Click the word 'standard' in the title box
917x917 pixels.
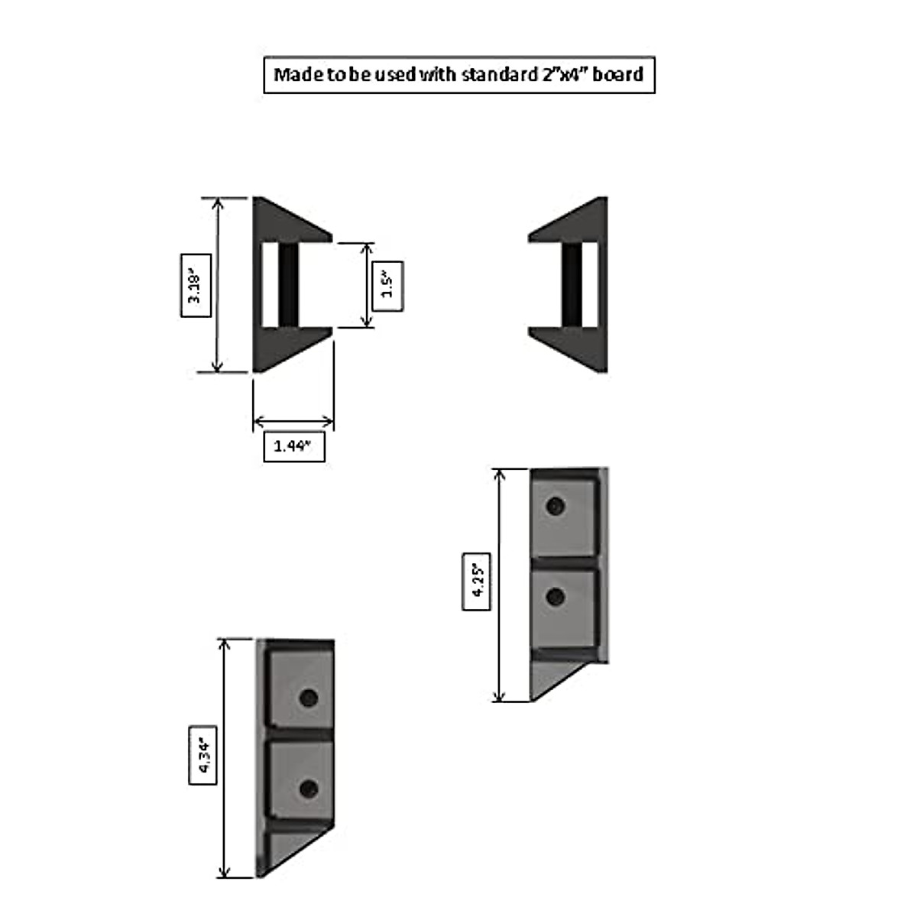click(x=498, y=75)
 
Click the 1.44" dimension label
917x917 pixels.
click(x=293, y=446)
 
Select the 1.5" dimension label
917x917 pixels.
click(x=387, y=286)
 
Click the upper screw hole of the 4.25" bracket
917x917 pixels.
click(x=556, y=506)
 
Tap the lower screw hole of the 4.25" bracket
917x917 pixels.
click(x=556, y=596)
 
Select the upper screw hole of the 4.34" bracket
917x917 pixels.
click(x=309, y=698)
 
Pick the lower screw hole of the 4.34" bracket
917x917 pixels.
click(x=309, y=789)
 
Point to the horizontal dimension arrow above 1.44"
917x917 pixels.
click(x=293, y=421)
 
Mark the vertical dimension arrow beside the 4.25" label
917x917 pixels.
click(x=501, y=585)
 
